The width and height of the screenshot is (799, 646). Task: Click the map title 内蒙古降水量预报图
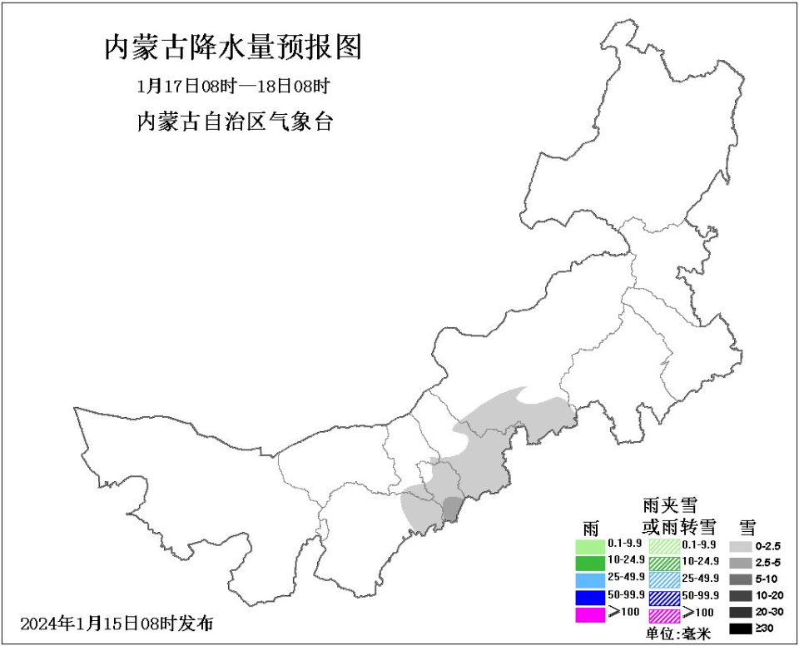click(x=233, y=47)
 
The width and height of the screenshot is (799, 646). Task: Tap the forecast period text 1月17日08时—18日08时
click(x=234, y=86)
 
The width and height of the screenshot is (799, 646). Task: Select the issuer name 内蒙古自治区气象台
click(x=234, y=122)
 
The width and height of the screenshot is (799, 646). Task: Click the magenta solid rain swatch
click(x=590, y=615)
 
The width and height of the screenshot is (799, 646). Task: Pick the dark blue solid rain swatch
click(x=590, y=597)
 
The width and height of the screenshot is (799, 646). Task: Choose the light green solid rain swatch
click(x=590, y=545)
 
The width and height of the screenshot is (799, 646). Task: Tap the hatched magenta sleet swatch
click(x=664, y=615)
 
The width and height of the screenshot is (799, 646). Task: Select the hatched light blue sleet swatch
click(x=664, y=580)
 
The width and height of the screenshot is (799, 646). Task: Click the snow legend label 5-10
click(x=767, y=579)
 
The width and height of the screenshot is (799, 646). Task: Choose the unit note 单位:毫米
click(x=678, y=634)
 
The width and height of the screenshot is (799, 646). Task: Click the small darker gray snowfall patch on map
click(x=451, y=509)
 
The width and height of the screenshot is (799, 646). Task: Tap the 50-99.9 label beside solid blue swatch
click(x=626, y=596)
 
